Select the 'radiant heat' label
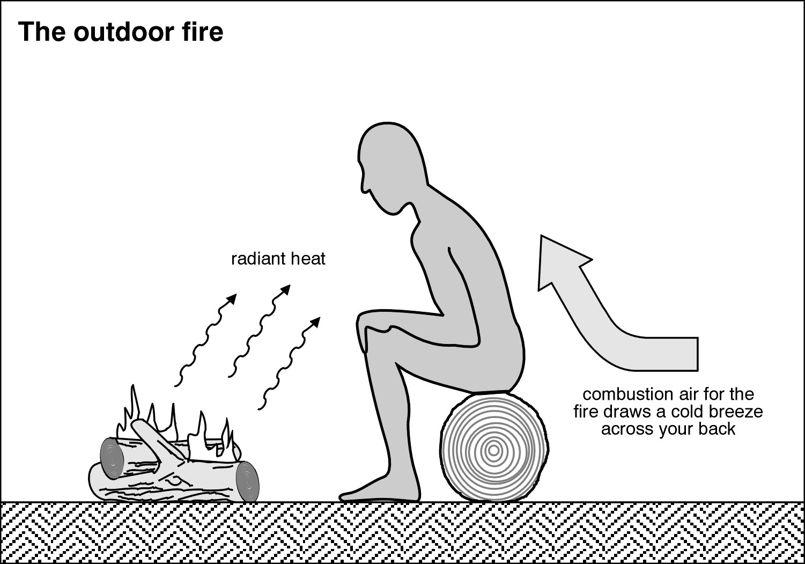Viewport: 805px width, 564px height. click(x=278, y=259)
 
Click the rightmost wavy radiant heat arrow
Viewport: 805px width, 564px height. click(x=290, y=362)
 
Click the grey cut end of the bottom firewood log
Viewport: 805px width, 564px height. click(x=247, y=481)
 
